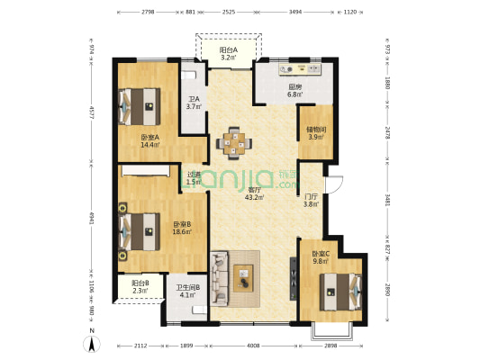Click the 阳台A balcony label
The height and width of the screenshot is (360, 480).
coord(229,54)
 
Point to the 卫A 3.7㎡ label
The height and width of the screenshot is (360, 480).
coord(194,103)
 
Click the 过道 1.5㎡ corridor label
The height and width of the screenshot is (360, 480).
coord(193,178)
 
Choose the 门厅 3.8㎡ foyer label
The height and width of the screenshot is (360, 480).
coord(312,200)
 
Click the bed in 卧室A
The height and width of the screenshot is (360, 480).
coord(138,106)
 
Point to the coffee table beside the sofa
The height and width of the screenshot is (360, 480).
coord(244,277)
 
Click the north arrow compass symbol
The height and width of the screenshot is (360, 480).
coord(91,343)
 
